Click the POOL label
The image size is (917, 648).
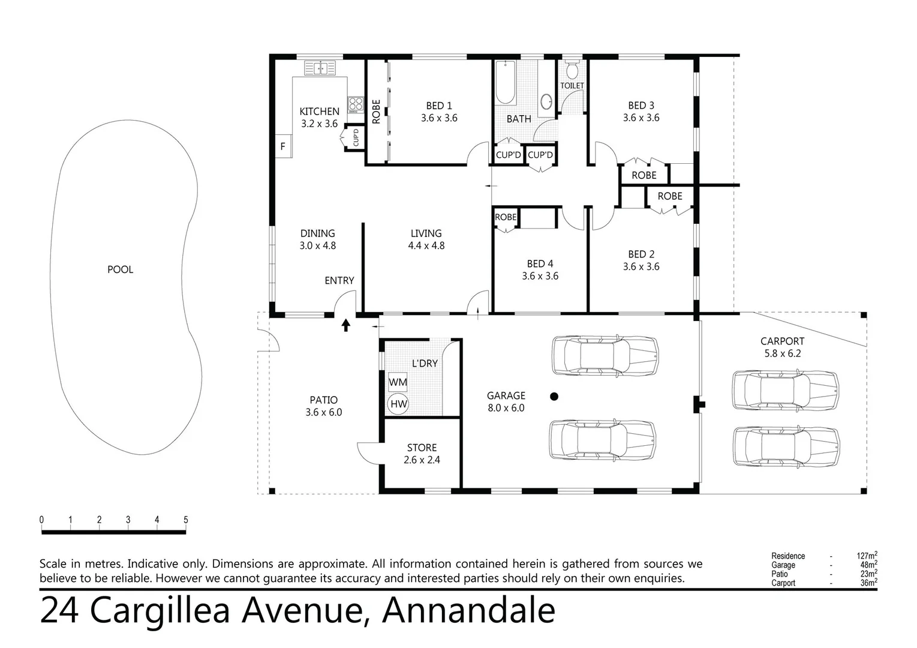(120, 269)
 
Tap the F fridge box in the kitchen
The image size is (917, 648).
(283, 146)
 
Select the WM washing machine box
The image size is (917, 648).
(398, 382)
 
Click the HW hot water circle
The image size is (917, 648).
(398, 404)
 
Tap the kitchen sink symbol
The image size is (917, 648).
(321, 68)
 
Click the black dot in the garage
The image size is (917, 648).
(554, 396)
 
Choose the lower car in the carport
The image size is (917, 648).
(785, 447)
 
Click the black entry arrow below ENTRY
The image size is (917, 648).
(346, 325)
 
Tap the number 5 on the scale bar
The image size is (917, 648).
(186, 520)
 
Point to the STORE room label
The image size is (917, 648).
(422, 448)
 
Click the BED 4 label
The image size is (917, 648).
(540, 263)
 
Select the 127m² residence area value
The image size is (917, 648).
(867, 556)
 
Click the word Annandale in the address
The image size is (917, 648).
(468, 611)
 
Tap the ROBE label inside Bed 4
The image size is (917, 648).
(506, 217)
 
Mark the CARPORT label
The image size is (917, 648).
(782, 341)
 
